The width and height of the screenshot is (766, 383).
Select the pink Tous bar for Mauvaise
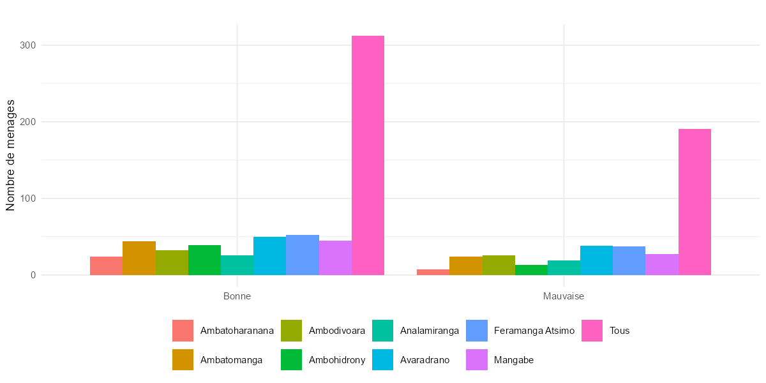[695, 202]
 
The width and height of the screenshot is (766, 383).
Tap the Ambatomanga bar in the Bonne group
[139, 258]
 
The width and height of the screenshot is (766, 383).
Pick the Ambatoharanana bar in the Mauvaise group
[433, 273]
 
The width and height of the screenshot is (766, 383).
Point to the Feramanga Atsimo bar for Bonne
[303, 255]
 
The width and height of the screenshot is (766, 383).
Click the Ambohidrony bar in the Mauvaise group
[531, 270]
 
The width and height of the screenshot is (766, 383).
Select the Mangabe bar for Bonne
[335, 258]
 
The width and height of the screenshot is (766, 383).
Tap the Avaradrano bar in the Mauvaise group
[596, 260]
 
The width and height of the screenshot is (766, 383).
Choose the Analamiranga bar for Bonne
[237, 265]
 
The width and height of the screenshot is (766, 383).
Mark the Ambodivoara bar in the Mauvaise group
[499, 265]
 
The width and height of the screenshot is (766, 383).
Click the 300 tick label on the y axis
[27, 45]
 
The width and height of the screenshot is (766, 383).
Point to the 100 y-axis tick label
[27, 199]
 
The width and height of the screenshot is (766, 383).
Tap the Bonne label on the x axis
[237, 297]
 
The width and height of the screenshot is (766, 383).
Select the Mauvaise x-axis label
[564, 297]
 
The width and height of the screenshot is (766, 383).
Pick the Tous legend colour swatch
[593, 331]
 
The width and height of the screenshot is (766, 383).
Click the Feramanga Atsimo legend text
[534, 331]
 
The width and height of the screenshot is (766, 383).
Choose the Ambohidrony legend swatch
[292, 360]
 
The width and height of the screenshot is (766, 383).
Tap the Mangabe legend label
[514, 360]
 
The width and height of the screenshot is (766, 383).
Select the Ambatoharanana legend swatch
[183, 331]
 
